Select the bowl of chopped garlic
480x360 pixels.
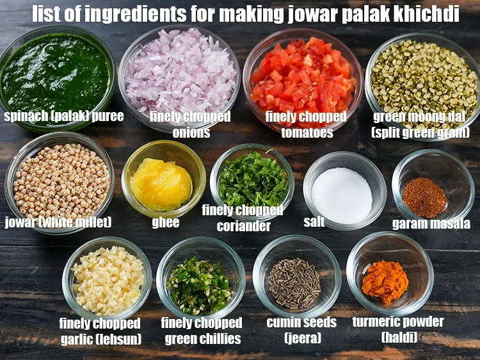pyautogui.click(x=108, y=279)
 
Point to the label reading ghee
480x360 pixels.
pyautogui.click(x=165, y=223)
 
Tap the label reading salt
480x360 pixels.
pyautogui.click(x=314, y=222)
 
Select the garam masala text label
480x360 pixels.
pyautogui.click(x=431, y=224)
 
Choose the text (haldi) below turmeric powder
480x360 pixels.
pyautogui.click(x=398, y=337)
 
